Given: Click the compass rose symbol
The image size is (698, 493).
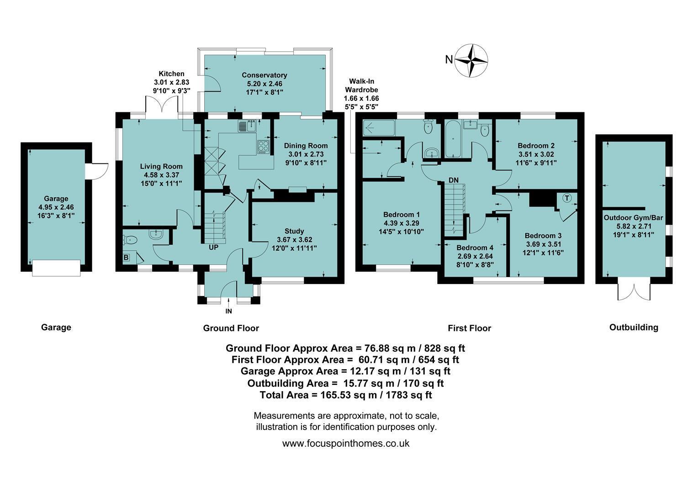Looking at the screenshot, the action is tap(471, 60).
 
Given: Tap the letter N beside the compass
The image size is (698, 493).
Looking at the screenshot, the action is tap(449, 59).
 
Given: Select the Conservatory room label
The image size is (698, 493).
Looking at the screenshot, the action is tap(264, 75).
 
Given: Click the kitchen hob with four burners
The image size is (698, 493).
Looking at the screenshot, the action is tap(263, 147).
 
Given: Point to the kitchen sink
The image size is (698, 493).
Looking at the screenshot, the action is tap(247, 126).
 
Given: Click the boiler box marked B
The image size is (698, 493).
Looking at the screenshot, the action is tap(126, 257).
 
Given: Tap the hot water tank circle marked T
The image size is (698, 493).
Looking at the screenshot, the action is tap(567, 198).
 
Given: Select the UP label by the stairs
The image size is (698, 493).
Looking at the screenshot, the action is tap(213, 247).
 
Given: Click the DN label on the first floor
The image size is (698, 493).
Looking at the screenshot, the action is tap(454, 180).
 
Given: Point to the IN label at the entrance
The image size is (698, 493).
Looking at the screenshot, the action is tap(229, 311).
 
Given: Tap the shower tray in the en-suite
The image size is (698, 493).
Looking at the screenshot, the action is tap(379, 127).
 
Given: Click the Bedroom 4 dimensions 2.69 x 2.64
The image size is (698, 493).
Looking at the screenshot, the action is tap(475, 256).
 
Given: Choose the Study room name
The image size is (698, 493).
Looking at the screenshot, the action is tap(294, 231).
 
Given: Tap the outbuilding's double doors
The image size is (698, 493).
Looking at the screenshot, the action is tap(634, 292).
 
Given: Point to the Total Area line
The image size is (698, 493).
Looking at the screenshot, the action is tap(345, 395).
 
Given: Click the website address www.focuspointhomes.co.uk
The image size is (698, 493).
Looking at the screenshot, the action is tap(345, 444).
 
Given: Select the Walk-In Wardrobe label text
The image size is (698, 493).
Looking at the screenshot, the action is tap(361, 85).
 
